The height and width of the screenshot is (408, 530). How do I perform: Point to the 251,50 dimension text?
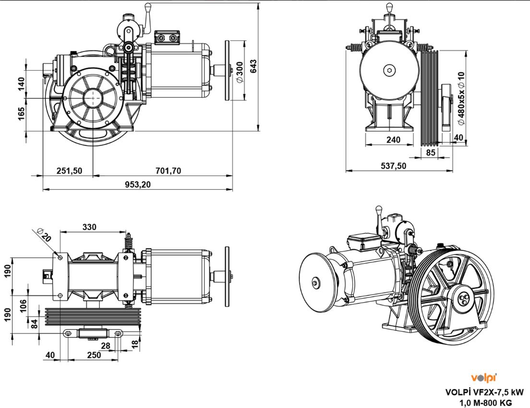[x=69, y=171]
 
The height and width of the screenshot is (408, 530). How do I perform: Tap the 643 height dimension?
[x=253, y=66]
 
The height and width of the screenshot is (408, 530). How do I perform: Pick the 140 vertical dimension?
[x=21, y=83]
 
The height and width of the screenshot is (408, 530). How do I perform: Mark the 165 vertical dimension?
[x=21, y=114]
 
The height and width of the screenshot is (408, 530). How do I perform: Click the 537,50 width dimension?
[x=393, y=166]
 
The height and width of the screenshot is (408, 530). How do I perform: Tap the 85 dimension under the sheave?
[x=431, y=153]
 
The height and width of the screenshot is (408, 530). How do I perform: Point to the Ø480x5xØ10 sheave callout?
[x=461, y=99]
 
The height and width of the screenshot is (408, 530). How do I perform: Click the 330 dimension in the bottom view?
[x=89, y=227]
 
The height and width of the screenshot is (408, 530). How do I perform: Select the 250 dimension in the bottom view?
[x=94, y=355]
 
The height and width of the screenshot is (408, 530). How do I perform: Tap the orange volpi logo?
[x=483, y=378]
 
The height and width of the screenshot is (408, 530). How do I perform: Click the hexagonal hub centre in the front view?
[x=389, y=70]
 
